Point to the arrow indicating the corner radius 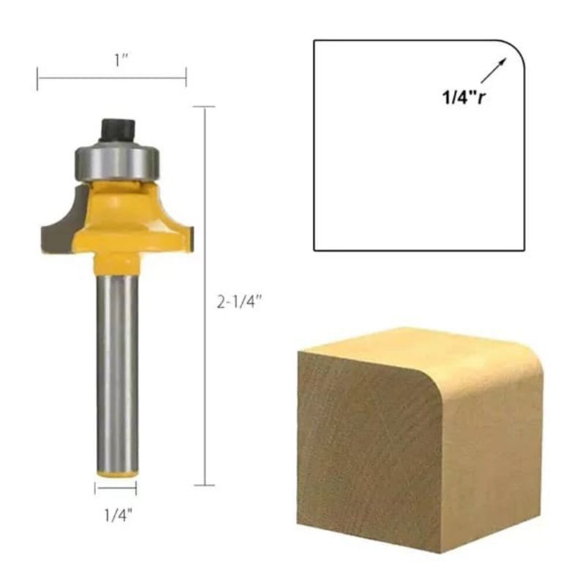[x=494, y=72]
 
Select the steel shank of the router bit [x=117, y=366]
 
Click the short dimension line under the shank [x=116, y=489]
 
